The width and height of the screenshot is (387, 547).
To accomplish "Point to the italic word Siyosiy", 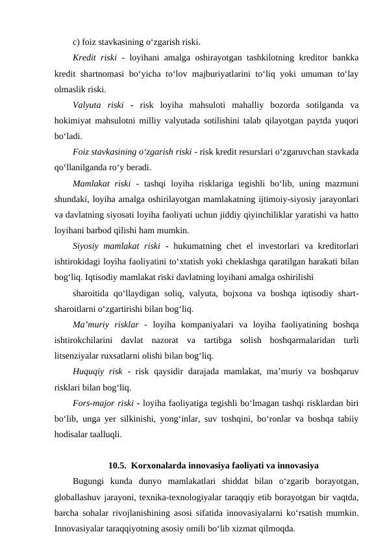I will tap(90, 246).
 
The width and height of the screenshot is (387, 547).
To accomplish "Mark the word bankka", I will tap(349, 58).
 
